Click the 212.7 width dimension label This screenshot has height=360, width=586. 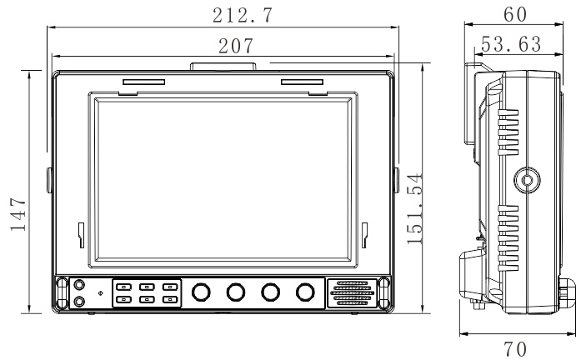pos(243,15)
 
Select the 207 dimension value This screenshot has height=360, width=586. pos(236,46)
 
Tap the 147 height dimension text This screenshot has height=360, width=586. pos(18,214)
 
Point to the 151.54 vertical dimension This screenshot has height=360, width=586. pos(414,208)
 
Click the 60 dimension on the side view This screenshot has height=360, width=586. pos(515,14)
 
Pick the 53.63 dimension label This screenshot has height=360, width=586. pos(511,44)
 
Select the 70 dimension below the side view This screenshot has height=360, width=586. pos(515,349)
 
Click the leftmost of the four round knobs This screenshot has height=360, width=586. pos(201,292)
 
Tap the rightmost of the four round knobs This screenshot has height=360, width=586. pos(305,292)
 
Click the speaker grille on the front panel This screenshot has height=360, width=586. pos(352,293)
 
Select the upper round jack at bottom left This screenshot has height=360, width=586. pos(79,285)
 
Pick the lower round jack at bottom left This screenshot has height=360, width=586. pos(79,301)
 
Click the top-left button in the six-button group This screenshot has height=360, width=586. pos(123,287)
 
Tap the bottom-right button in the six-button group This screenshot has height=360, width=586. pos(170,299)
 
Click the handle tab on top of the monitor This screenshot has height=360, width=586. pos(223,67)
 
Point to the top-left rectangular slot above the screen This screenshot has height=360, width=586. pos(143,82)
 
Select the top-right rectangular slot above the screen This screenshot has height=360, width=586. pos(302,82)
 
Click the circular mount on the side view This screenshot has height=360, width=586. pos(527,180)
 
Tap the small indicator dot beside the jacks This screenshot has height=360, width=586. pos(100,293)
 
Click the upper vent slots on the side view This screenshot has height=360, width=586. pos(508,132)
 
